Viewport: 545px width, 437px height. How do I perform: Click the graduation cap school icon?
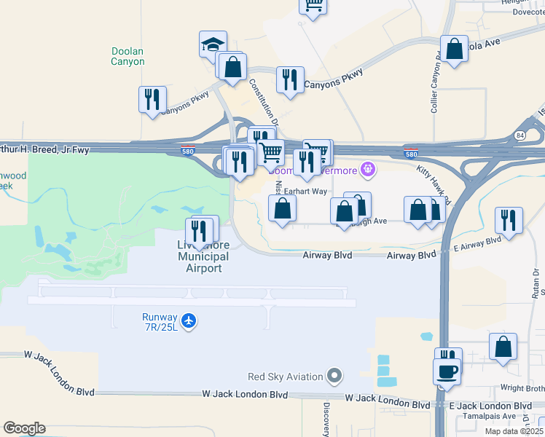(213, 44)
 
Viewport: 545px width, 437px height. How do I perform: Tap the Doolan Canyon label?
(128, 56)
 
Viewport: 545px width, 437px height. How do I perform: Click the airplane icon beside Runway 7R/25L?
(189, 320)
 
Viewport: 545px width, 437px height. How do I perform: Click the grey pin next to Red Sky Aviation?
(334, 376)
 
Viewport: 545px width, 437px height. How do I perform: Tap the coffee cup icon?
(447, 371)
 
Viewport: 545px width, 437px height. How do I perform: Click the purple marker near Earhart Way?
(369, 170)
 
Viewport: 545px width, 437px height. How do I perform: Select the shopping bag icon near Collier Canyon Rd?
(454, 50)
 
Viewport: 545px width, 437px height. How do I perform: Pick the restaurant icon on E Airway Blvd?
(508, 221)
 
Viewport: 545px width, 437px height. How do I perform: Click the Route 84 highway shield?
(519, 135)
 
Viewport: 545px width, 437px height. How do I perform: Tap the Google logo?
(24, 428)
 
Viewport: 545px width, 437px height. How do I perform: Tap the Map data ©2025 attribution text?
(513, 431)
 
